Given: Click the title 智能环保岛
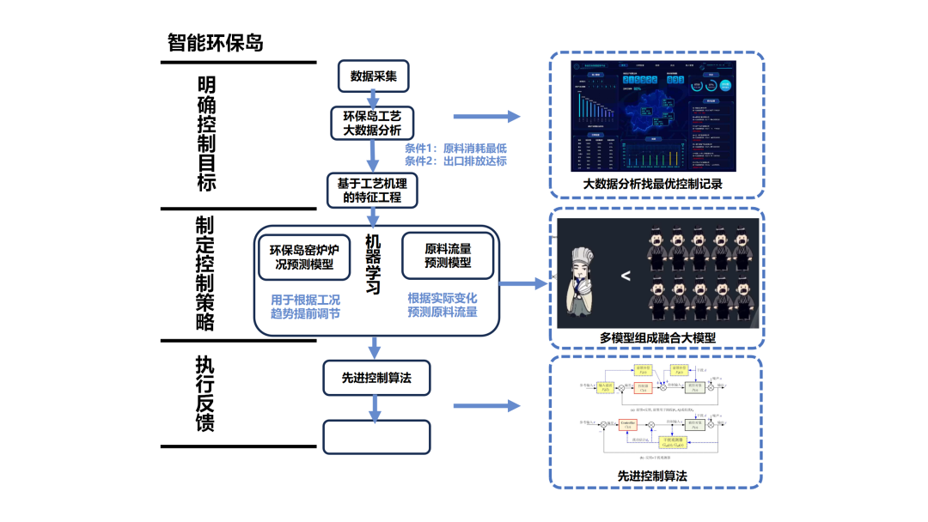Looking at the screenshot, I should click(x=216, y=43).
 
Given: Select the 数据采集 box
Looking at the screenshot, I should click(x=373, y=76).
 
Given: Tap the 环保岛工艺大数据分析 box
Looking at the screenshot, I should click(x=373, y=123).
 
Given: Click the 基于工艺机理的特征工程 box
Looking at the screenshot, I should click(x=373, y=190).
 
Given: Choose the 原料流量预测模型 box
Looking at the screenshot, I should click(x=448, y=255).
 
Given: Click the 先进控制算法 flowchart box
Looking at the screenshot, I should click(x=375, y=377).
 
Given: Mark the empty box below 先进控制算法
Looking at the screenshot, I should click(x=375, y=436).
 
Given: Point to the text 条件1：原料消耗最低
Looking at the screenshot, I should click(x=456, y=148).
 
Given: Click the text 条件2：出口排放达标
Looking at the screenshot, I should click(x=456, y=161).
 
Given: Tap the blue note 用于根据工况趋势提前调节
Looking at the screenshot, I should click(x=305, y=306).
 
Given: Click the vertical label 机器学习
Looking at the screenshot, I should click(x=373, y=264).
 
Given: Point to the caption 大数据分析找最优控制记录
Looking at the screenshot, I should click(x=653, y=183).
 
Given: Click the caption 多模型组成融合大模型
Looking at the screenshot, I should click(x=658, y=337).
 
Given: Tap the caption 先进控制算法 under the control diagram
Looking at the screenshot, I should click(x=652, y=475).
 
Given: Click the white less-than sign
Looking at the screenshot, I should click(x=626, y=276).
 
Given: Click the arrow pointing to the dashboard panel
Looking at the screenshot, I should click(x=486, y=118).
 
